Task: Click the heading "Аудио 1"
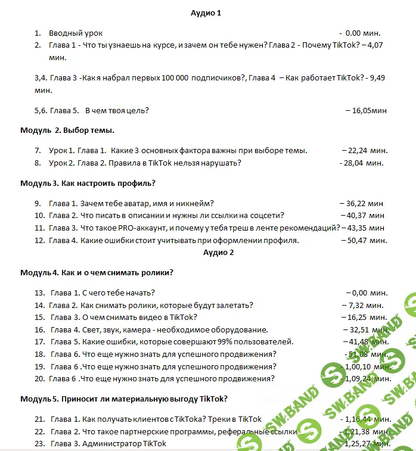click(x=206, y=13)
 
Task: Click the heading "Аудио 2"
click(x=218, y=252)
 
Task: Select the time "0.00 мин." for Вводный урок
click(x=362, y=33)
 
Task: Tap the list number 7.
click(x=38, y=151)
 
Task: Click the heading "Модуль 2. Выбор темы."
click(x=67, y=130)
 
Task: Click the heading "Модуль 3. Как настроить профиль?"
click(x=88, y=183)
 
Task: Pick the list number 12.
click(x=39, y=240)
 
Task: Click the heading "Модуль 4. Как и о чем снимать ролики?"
click(x=97, y=273)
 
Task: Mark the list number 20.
click(x=39, y=378)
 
